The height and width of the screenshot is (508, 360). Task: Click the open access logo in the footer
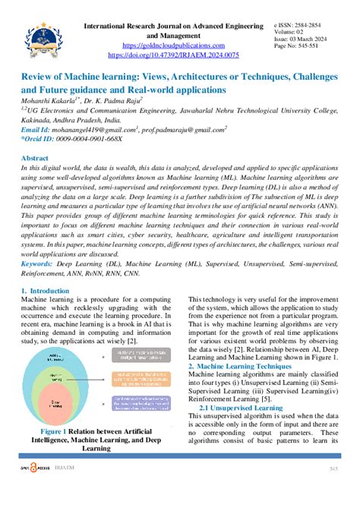[36, 491]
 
